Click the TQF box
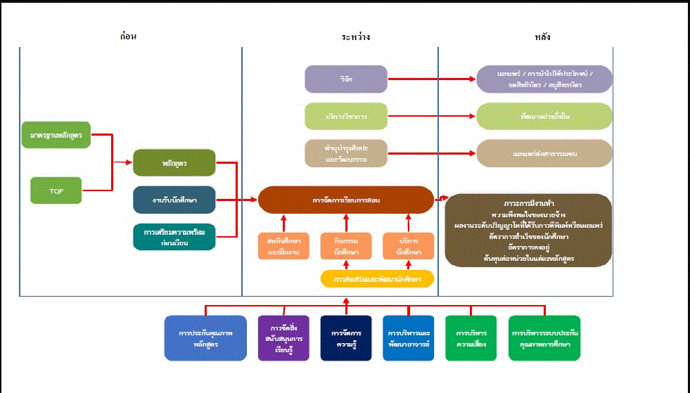[56, 191]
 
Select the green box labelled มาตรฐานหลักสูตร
[56, 134]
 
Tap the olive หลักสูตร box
[174, 162]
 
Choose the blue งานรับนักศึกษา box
[174, 200]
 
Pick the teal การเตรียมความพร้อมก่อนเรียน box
[174, 237]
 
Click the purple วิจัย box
[345, 79]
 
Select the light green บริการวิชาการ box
[345, 116]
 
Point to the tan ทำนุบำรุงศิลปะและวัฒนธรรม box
[345, 153]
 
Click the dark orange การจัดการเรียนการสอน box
[345, 200]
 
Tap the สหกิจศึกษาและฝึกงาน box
[283, 246]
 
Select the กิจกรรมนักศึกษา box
[345, 246]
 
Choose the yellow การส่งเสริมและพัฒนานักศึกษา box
[377, 279]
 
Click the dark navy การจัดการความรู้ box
[345, 338]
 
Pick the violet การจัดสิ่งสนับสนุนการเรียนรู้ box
[283, 338]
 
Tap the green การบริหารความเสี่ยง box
[471, 338]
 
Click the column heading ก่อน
[128, 37]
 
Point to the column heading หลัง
[542, 37]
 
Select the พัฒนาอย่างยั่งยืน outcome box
[544, 116]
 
